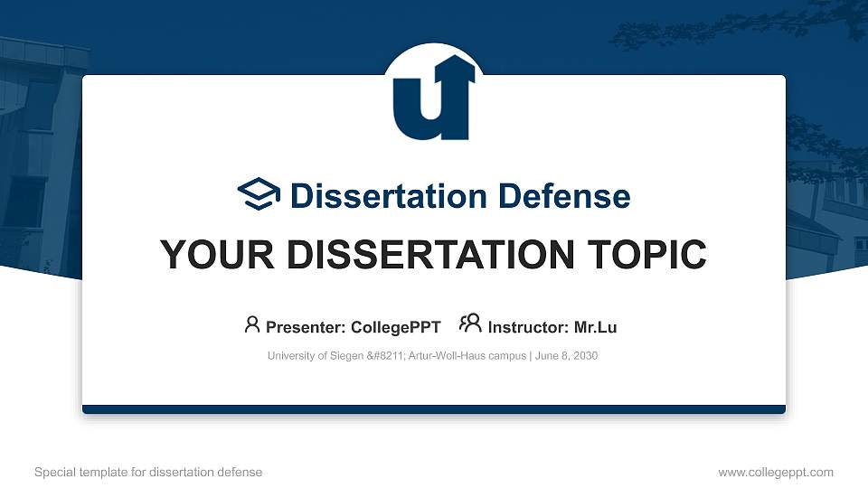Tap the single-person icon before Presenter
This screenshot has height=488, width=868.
(x=252, y=324)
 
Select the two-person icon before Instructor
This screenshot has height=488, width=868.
(x=470, y=324)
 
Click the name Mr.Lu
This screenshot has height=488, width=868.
(x=596, y=327)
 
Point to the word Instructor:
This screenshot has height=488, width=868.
(x=529, y=327)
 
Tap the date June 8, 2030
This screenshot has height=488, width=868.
(x=567, y=356)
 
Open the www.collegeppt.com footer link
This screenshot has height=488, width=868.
(x=775, y=472)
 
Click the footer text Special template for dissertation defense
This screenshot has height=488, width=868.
(x=148, y=472)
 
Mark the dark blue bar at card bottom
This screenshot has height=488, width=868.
(x=433, y=409)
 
